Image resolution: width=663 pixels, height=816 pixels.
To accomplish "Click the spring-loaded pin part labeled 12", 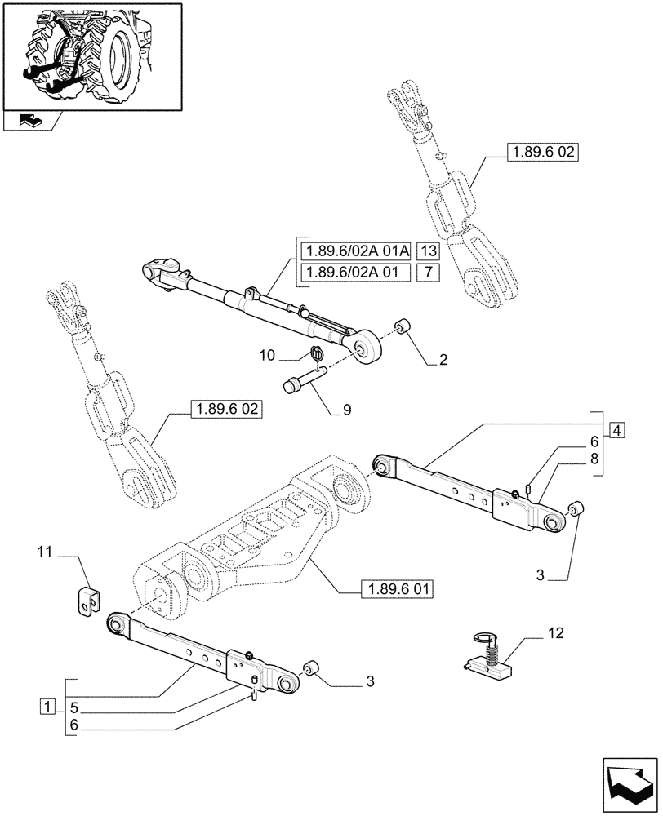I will click(x=487, y=655).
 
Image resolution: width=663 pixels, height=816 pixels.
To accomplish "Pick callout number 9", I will click(x=347, y=410).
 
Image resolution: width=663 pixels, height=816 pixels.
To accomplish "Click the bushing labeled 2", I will click(x=402, y=327).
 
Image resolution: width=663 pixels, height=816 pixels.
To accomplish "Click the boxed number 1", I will click(x=49, y=705).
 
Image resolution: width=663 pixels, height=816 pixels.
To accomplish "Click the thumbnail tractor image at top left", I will click(x=92, y=55).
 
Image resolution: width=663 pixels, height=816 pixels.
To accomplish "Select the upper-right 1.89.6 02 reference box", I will click(x=541, y=152).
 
